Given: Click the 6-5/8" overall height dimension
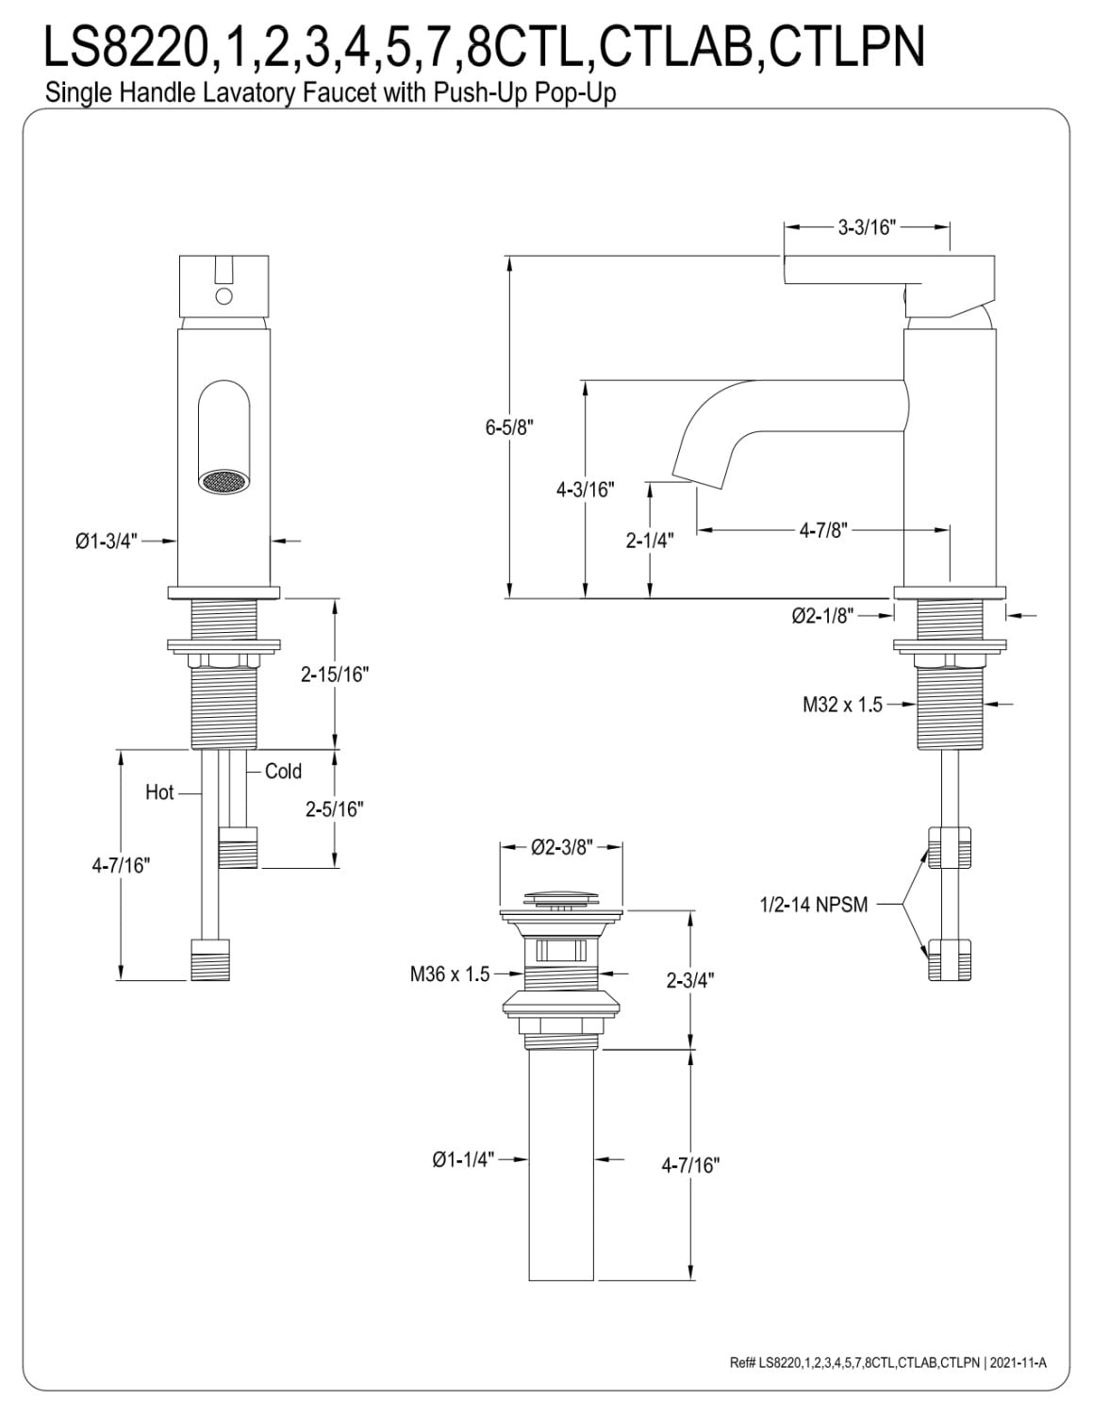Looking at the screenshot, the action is tap(509, 428).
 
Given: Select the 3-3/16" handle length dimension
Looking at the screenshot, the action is tap(867, 227).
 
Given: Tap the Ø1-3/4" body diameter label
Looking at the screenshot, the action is tap(107, 541).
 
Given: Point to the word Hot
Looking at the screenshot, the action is tap(159, 792).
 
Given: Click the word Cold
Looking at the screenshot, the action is tap(283, 771).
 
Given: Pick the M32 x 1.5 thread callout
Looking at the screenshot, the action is tap(842, 704).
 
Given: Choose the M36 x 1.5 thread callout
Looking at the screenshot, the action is tap(449, 974).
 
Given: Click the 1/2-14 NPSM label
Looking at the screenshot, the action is tap(814, 905).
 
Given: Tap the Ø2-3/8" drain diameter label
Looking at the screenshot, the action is tap(562, 846).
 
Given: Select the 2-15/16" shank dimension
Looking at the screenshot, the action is tap(335, 674).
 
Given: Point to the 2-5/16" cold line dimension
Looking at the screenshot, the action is tap(335, 808).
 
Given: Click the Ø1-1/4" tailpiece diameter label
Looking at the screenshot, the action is tap(463, 1159).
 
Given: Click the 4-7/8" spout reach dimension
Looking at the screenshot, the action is tap(823, 530).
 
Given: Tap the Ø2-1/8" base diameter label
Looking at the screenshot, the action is tap(823, 615).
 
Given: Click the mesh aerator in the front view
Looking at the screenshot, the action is tap(222, 482).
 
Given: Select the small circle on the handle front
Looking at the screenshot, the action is tap(224, 297).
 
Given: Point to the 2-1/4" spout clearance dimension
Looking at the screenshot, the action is tap(650, 541).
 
